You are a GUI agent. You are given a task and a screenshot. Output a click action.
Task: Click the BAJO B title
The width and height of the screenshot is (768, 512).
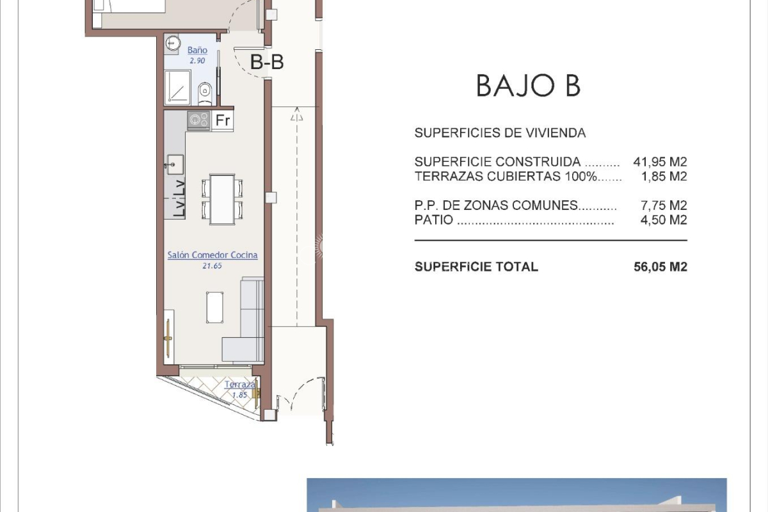click(x=529, y=86)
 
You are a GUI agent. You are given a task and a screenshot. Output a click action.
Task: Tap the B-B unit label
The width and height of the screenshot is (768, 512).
click(x=267, y=62)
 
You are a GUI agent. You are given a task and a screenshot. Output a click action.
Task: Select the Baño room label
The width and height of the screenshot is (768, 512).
click(x=197, y=50)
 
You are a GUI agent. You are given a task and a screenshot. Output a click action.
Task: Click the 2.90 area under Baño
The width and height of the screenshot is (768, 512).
click(x=197, y=61)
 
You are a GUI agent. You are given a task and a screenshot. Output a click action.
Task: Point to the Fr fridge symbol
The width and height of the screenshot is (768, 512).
click(x=223, y=120)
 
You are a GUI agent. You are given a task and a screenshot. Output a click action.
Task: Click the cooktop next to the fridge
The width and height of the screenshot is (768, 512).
click(x=199, y=120)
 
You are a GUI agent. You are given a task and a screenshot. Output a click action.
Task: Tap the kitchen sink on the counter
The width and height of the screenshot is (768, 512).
click(x=175, y=164)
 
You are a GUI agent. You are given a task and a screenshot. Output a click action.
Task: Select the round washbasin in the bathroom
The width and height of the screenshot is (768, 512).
click(x=173, y=44)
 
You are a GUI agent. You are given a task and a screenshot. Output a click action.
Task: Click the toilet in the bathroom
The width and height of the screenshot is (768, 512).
click(x=205, y=93)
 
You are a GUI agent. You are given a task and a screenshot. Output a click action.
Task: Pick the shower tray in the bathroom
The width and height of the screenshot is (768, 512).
click(x=177, y=87)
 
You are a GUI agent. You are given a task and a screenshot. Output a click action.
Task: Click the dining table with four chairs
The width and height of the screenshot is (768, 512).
click(x=222, y=199)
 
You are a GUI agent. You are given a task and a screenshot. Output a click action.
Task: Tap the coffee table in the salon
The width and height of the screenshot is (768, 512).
click(x=215, y=307)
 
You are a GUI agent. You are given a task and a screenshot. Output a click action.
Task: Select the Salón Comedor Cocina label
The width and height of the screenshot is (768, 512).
click(x=212, y=255)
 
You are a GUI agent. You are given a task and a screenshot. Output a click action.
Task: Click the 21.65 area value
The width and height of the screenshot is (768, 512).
click(x=212, y=266)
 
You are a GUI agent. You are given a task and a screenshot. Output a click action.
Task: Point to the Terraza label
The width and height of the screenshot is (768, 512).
click(x=239, y=385)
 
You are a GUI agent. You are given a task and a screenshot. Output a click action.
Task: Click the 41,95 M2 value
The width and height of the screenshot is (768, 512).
click(x=660, y=161)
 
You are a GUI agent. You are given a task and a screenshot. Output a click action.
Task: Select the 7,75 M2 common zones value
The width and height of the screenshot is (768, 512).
click(x=664, y=205)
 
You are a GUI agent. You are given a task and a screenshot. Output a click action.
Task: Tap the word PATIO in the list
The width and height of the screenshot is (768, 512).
click(x=434, y=220)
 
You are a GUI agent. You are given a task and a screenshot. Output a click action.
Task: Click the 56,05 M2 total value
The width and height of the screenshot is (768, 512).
click(x=660, y=267)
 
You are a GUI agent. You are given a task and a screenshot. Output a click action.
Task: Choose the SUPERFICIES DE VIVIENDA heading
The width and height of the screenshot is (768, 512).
click(x=500, y=132)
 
